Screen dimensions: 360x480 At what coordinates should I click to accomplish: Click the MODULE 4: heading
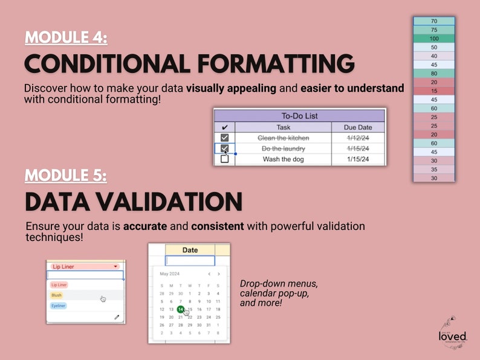pyautogui.click(x=66, y=37)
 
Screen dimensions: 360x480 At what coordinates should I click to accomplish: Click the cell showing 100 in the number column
pyautogui.click(x=434, y=39)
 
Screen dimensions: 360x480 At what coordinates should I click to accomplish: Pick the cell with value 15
pyautogui.click(x=434, y=91)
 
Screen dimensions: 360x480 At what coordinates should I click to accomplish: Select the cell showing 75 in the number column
pyautogui.click(x=434, y=30)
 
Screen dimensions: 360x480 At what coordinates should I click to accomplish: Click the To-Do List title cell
pyautogui.click(x=299, y=115)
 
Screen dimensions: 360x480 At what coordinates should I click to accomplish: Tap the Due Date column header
pyautogui.click(x=358, y=127)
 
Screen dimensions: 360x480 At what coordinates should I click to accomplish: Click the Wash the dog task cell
pyautogui.click(x=283, y=159)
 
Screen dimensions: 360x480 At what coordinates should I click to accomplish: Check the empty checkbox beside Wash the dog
pyautogui.click(x=224, y=159)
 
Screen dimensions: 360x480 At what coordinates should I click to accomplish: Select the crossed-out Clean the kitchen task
pyautogui.click(x=283, y=138)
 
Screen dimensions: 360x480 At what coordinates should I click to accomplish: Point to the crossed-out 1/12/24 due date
pyautogui.click(x=358, y=138)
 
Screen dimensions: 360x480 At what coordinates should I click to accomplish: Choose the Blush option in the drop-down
pyautogui.click(x=56, y=295)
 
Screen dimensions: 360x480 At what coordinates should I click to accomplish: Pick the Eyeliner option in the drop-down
pyautogui.click(x=58, y=306)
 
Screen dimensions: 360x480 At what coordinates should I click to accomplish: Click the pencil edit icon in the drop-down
pyautogui.click(x=117, y=317)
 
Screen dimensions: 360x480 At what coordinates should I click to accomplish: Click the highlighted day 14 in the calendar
pyautogui.click(x=180, y=309)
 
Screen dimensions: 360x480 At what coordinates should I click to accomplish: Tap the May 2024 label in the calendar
pyautogui.click(x=170, y=274)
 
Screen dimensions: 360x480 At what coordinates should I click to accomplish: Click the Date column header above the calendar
pyautogui.click(x=189, y=250)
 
